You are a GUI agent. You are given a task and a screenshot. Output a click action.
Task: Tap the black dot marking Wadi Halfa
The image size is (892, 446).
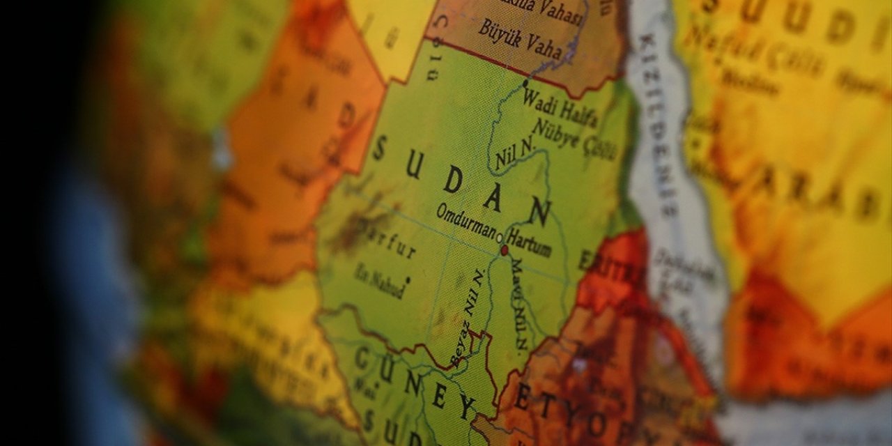click(x=525, y=83)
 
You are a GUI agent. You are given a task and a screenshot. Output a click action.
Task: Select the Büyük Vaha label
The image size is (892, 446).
click(x=520, y=39)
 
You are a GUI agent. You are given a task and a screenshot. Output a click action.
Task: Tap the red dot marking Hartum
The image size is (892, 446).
click(x=504, y=249)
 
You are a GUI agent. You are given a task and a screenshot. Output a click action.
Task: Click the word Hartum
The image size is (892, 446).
click(x=529, y=241)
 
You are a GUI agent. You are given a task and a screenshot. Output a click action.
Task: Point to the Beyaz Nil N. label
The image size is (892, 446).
click(x=468, y=318)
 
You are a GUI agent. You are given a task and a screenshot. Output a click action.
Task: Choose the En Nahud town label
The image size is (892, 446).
click(x=379, y=279)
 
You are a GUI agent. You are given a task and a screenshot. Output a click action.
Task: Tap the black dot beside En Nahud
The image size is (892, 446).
click(x=407, y=280)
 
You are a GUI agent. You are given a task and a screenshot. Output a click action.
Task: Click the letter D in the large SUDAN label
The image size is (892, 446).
click(x=452, y=180)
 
